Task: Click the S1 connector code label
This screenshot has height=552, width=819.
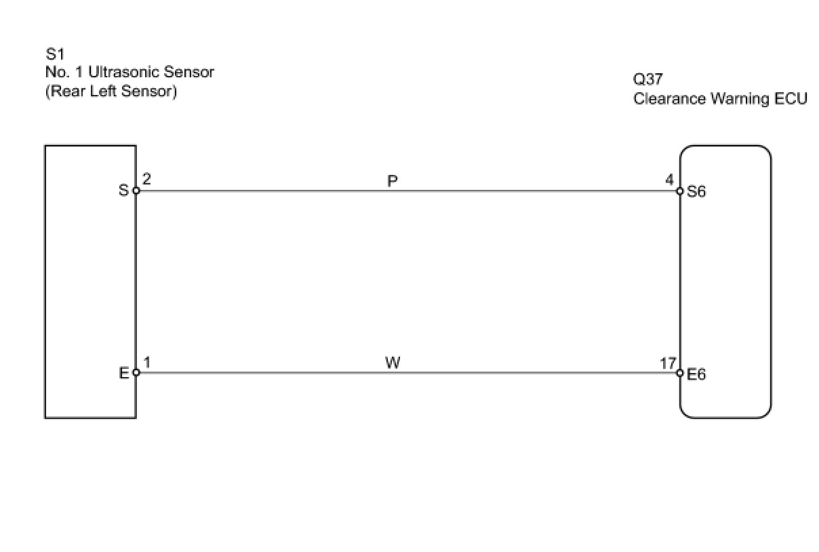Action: click(55, 54)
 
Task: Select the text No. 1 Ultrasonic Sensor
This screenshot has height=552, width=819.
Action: click(129, 73)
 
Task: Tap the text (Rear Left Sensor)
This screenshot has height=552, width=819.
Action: click(111, 91)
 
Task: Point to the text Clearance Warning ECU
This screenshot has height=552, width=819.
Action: click(720, 99)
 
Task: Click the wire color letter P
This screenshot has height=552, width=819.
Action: click(393, 181)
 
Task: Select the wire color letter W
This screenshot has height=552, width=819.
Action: click(393, 363)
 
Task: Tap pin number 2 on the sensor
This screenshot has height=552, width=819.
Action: click(147, 180)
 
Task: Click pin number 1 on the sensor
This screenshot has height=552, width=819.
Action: click(147, 361)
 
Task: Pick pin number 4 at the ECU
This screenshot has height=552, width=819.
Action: click(669, 180)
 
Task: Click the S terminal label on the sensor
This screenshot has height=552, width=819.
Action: click(123, 191)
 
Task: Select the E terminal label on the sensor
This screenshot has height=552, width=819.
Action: click(124, 372)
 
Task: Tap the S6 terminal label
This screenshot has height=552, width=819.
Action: click(696, 191)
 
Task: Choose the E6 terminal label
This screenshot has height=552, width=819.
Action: click(696, 374)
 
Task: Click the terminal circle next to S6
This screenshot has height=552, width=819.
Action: click(680, 191)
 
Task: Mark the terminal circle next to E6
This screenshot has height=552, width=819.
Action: click(680, 372)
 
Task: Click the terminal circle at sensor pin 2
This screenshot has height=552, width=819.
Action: click(136, 191)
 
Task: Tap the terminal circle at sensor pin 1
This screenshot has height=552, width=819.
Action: click(136, 372)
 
